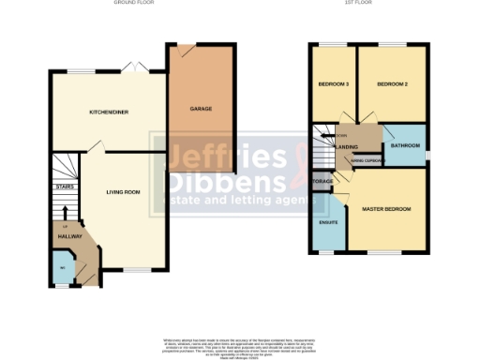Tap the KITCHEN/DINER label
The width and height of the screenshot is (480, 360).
pyautogui.click(x=109, y=112)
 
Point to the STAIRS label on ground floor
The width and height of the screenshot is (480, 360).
pyautogui.click(x=65, y=187)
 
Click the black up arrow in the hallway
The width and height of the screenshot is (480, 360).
pyautogui.click(x=65, y=214)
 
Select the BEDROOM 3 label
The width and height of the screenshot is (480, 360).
pyautogui.click(x=333, y=84)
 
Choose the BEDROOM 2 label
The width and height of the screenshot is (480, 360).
pyautogui.click(x=392, y=84)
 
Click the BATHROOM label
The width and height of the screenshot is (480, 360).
pyautogui.click(x=405, y=145)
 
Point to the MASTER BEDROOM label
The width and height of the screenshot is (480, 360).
pyautogui.click(x=386, y=208)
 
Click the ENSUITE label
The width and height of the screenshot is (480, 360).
pyautogui.click(x=328, y=222)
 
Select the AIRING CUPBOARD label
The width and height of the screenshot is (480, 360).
pyautogui.click(x=364, y=159)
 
